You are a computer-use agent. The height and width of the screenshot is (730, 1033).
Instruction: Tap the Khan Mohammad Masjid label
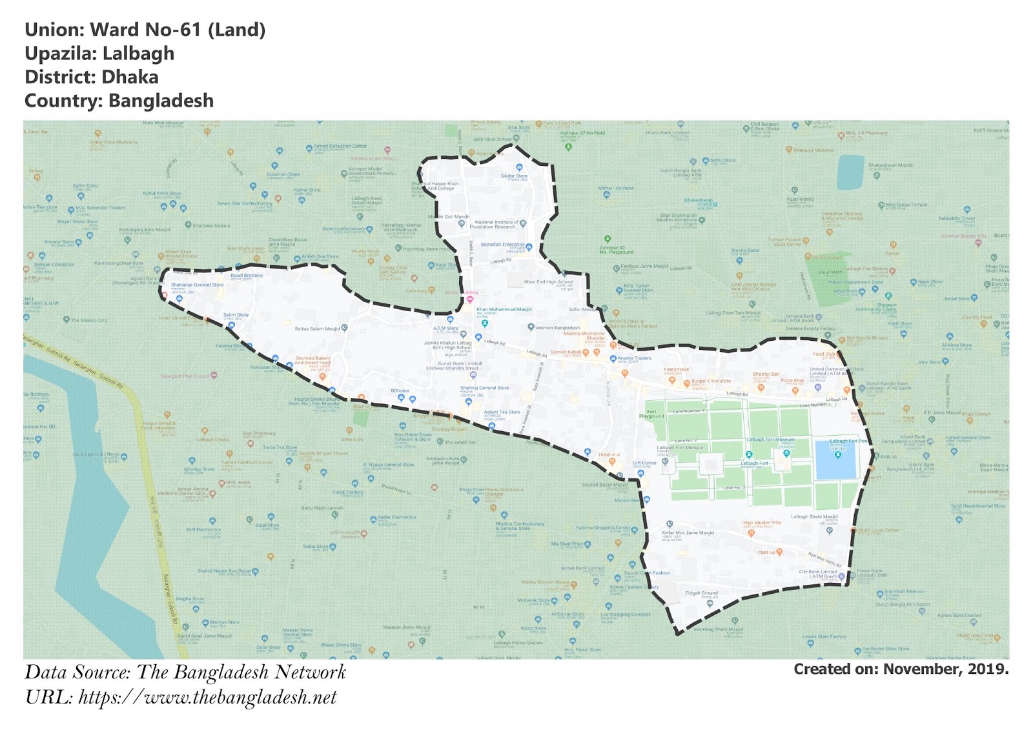(504, 310)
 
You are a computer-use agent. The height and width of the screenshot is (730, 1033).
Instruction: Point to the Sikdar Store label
(514, 176)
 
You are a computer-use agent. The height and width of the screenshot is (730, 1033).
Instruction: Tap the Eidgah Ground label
(701, 593)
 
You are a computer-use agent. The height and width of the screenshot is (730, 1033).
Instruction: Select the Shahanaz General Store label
(197, 285)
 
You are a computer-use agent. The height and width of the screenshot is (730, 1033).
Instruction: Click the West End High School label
(548, 282)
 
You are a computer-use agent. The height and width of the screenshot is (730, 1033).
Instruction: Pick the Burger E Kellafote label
(711, 381)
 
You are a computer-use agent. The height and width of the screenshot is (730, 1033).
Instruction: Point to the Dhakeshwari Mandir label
(890, 165)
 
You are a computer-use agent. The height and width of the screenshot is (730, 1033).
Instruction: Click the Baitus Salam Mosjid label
(317, 329)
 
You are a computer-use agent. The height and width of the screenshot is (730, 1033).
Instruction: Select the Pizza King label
(792, 380)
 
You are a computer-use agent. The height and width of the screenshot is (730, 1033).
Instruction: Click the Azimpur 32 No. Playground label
(616, 250)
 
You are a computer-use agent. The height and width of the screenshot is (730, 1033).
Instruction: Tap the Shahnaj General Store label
(484, 388)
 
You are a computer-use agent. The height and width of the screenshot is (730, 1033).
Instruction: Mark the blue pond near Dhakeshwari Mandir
(850, 172)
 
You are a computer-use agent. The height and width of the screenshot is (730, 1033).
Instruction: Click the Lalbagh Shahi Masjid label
(813, 516)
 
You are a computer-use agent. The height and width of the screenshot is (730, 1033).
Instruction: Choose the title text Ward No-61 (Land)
(178, 30)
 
